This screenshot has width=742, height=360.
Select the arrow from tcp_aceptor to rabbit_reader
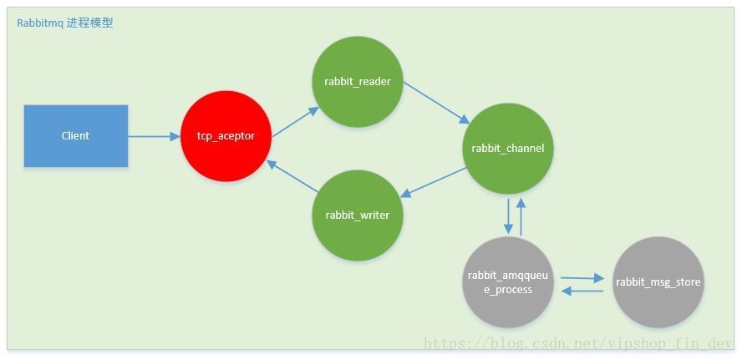tap(294, 121)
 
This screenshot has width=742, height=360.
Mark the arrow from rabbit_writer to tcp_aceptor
tap(292, 177)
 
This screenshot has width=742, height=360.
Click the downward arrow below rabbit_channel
tap(508, 215)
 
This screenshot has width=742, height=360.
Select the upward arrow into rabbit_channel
tap(521, 215)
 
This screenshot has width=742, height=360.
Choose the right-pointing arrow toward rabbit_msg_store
tap(582, 277)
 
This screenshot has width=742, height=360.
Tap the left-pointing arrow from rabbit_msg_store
tap(582, 291)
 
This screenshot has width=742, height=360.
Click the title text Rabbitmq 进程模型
tap(65, 23)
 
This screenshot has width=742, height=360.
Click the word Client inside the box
tap(75, 135)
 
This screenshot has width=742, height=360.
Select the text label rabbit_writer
tap(358, 215)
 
